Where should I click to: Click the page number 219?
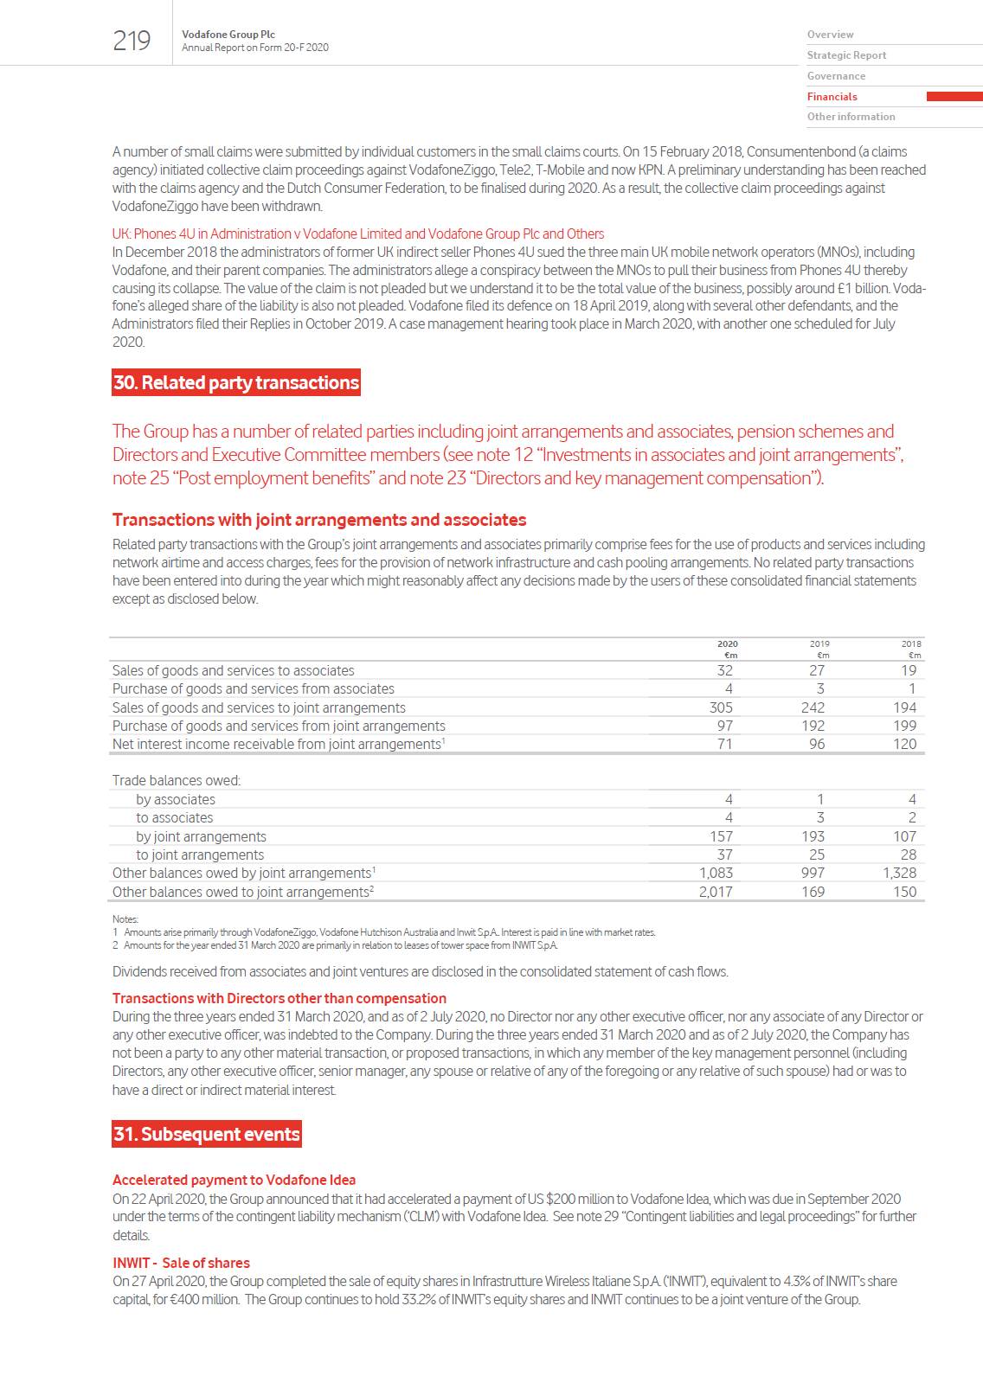click(x=132, y=41)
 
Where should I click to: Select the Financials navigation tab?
click(x=832, y=97)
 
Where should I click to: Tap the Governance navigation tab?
click(x=836, y=76)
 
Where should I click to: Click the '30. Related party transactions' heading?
click(x=235, y=382)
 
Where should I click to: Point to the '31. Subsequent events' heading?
click(x=207, y=1134)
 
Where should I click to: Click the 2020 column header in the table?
click(x=727, y=643)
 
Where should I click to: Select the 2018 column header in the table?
click(x=910, y=643)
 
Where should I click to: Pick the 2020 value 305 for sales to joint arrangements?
click(x=720, y=707)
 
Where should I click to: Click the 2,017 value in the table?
click(x=715, y=892)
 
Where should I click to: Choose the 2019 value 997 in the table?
click(x=813, y=873)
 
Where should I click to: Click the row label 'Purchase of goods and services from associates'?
click(x=253, y=688)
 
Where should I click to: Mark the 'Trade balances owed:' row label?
click(x=176, y=780)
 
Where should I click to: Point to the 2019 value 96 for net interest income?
click(x=816, y=744)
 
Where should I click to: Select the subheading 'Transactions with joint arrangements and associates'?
click(x=319, y=520)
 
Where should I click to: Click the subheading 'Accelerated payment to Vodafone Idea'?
click(x=234, y=1180)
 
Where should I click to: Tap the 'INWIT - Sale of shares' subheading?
click(x=181, y=1263)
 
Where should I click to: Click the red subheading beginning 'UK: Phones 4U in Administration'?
click(x=357, y=234)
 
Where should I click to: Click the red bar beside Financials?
click(x=954, y=97)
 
